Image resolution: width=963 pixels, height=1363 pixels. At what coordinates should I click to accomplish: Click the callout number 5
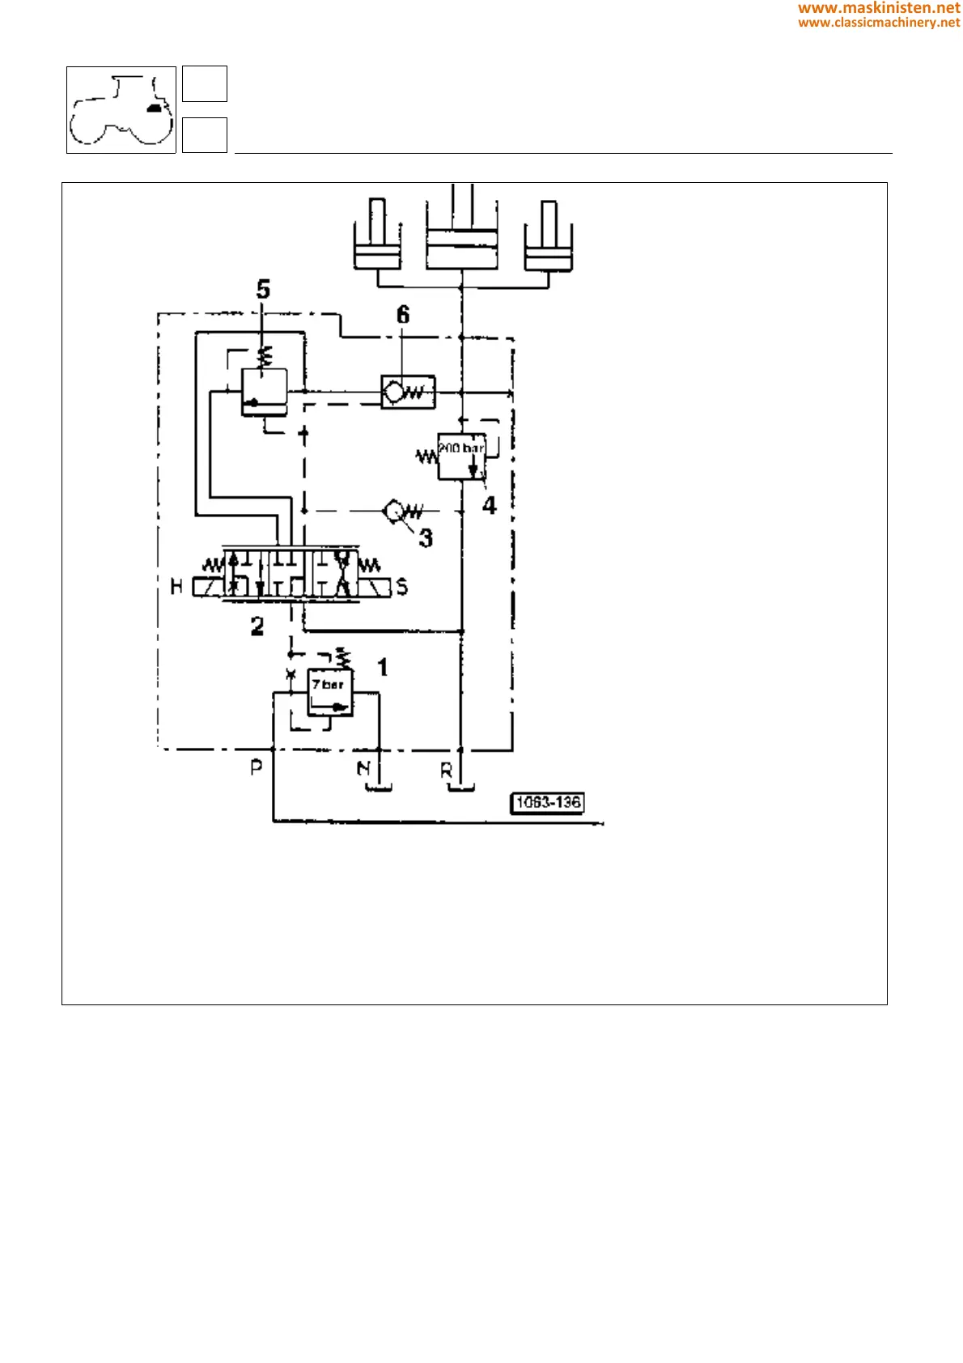[263, 290]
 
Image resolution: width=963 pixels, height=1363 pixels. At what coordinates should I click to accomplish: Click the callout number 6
[403, 315]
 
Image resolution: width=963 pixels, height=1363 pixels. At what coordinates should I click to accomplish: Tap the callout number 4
[490, 506]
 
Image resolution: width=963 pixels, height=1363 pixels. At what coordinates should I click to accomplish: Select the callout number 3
[426, 537]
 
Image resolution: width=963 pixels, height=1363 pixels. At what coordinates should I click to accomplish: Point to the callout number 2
[257, 626]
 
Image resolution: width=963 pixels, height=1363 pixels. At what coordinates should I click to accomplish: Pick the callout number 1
[383, 667]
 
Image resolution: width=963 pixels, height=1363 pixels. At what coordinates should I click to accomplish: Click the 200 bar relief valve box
[461, 456]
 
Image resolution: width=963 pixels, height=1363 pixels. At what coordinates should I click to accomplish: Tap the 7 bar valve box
[330, 692]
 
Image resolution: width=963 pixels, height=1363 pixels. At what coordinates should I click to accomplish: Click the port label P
[256, 766]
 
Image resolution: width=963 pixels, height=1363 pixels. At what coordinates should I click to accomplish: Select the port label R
[446, 771]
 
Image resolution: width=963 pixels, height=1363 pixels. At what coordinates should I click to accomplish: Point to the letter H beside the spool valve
[176, 587]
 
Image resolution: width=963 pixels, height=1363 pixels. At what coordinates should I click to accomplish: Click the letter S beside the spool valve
[402, 587]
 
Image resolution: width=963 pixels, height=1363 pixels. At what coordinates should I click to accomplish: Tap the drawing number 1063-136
[548, 802]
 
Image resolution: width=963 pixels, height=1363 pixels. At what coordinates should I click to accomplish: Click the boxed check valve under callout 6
[409, 393]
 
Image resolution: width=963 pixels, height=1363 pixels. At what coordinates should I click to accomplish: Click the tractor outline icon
[121, 110]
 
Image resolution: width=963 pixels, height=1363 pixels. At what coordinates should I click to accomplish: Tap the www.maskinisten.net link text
[879, 8]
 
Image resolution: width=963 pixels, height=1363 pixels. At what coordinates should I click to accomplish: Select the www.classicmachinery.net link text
[879, 23]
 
